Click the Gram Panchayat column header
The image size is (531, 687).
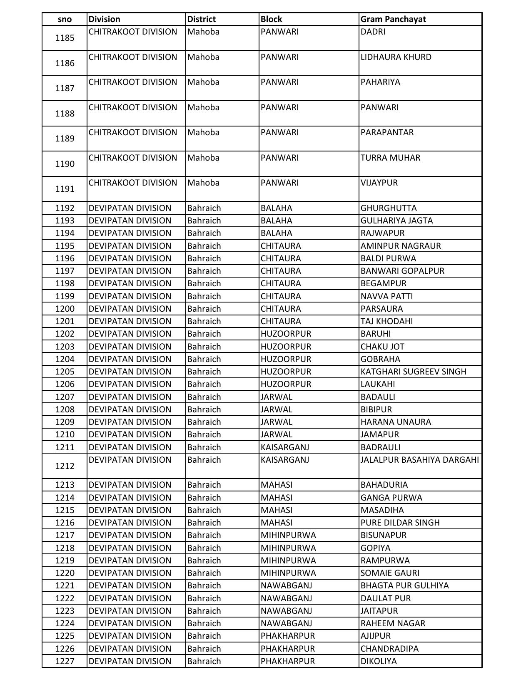tap(393, 19)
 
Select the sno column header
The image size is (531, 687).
tap(65, 19)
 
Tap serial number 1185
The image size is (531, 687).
tap(65, 38)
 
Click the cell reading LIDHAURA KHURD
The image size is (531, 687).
tap(396, 57)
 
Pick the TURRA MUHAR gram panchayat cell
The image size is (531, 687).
tap(390, 158)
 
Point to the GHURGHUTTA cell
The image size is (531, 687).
tap(388, 208)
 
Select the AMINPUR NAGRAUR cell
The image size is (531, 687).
tap(400, 246)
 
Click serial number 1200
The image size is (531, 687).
tap(65, 309)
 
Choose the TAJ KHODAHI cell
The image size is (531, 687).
tap(386, 321)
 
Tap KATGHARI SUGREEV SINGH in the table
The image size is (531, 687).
tap(413, 372)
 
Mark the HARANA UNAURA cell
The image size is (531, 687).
tap(396, 422)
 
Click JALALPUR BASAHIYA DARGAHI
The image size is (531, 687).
tap(419, 460)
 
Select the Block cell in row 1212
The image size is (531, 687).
tap(285, 460)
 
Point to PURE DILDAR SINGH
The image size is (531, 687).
tap(400, 523)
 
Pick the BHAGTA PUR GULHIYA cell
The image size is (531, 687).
tap(404, 585)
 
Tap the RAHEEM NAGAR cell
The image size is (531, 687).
tap(393, 623)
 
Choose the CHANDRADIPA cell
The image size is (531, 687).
tap(389, 649)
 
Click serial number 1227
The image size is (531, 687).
tap(65, 661)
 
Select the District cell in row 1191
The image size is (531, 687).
tap(203, 183)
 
